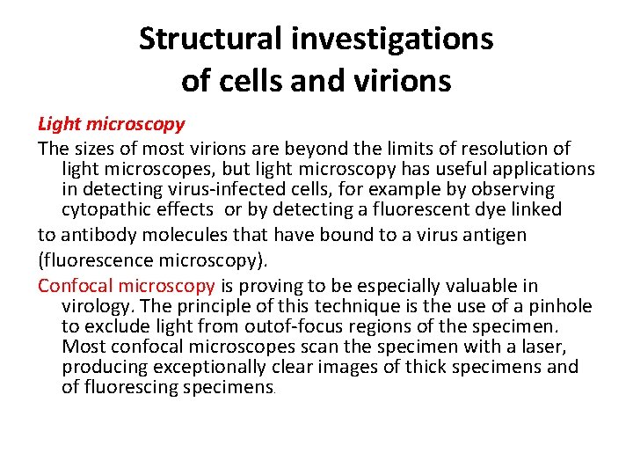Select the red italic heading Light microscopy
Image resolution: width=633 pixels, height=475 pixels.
(x=111, y=124)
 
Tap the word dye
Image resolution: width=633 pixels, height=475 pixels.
(x=457, y=209)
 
